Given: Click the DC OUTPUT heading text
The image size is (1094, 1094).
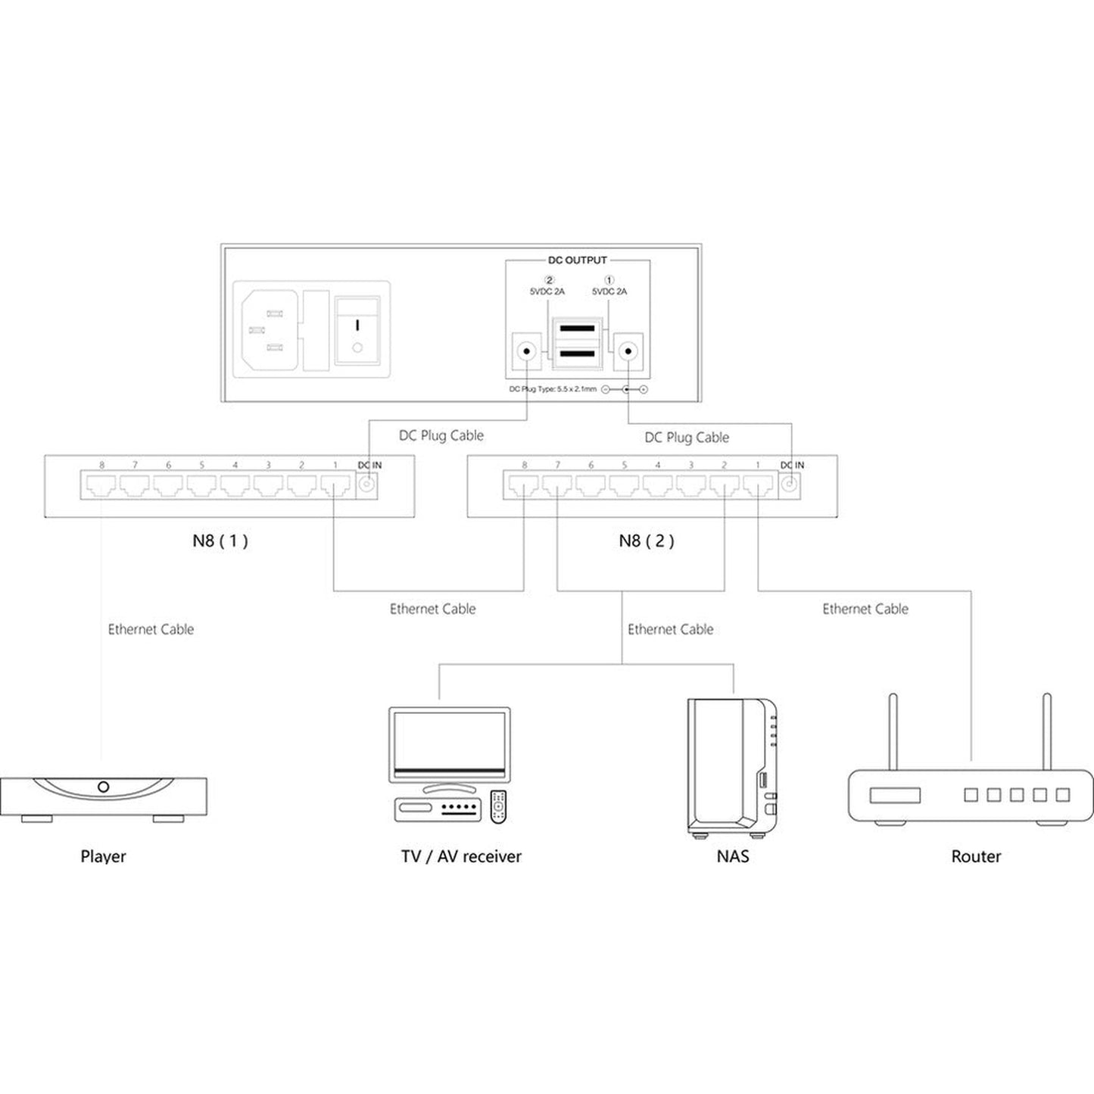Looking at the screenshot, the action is [x=577, y=260].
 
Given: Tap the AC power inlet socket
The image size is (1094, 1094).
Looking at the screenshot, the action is [x=270, y=329].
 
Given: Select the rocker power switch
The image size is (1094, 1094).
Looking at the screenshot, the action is [x=357, y=330].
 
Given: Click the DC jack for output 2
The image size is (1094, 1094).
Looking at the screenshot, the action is [x=527, y=351].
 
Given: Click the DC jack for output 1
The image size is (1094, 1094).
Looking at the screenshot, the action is [x=628, y=351].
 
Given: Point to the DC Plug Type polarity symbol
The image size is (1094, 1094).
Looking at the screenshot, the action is [x=625, y=389].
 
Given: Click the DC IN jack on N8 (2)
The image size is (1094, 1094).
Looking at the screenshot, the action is [x=789, y=485].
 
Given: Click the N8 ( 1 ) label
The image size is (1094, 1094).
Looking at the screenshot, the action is [x=220, y=541].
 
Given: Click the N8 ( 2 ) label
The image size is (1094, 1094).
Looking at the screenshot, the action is [x=647, y=541].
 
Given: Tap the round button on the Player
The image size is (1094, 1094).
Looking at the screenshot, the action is [x=103, y=787].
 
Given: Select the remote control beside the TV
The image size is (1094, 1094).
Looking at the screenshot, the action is [x=498, y=806].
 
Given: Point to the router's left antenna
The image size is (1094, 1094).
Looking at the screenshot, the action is [x=893, y=731].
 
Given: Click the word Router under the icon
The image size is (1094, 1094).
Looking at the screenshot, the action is [x=976, y=856].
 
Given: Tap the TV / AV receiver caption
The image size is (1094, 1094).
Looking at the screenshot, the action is [x=461, y=856].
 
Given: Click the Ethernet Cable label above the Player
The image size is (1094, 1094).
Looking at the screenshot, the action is [x=151, y=629].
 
